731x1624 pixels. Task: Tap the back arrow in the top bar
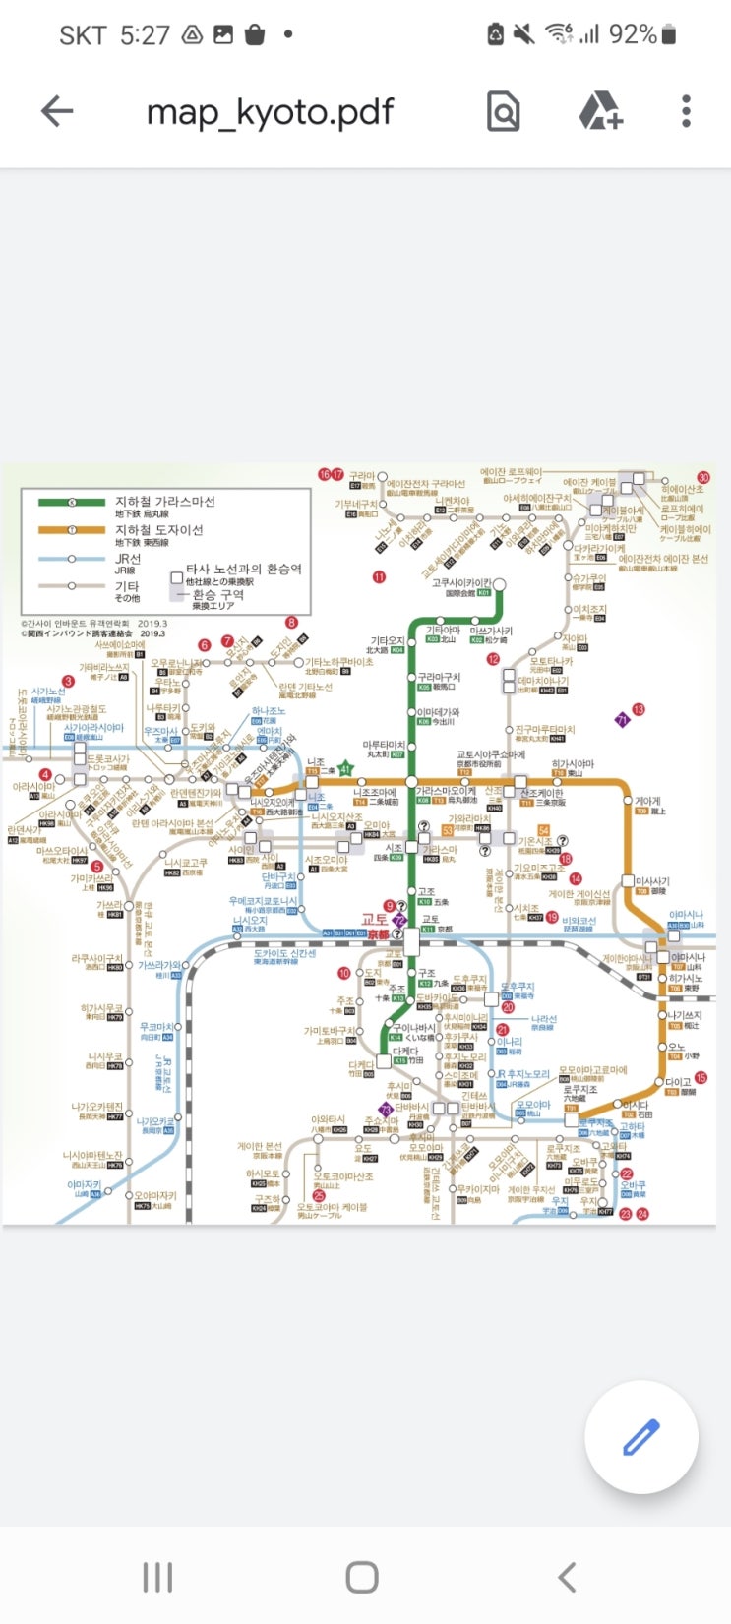click(57, 111)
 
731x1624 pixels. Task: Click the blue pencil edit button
click(640, 1437)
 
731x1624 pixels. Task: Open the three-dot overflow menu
click(686, 111)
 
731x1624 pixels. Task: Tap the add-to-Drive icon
click(600, 111)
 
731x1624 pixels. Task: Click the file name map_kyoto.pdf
click(270, 112)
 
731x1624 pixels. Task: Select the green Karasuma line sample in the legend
click(72, 502)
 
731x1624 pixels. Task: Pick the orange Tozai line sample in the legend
click(72, 530)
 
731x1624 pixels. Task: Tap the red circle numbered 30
click(703, 478)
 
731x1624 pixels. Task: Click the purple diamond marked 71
click(621, 720)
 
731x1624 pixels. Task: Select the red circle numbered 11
click(379, 576)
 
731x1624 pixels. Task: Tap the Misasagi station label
click(652, 882)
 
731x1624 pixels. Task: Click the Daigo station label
click(678, 1083)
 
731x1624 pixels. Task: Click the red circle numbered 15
click(701, 1078)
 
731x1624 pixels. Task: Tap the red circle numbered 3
click(68, 681)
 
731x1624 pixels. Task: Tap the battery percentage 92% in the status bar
click(632, 34)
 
